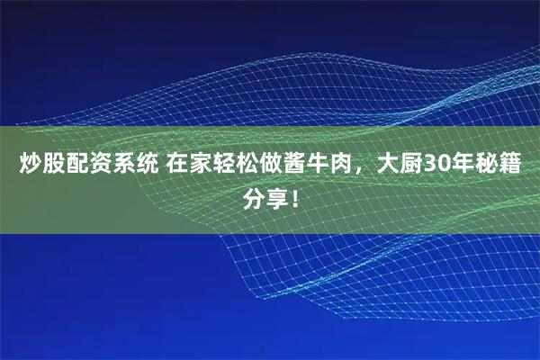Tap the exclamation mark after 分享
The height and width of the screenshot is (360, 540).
pyautogui.click(x=292, y=197)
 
